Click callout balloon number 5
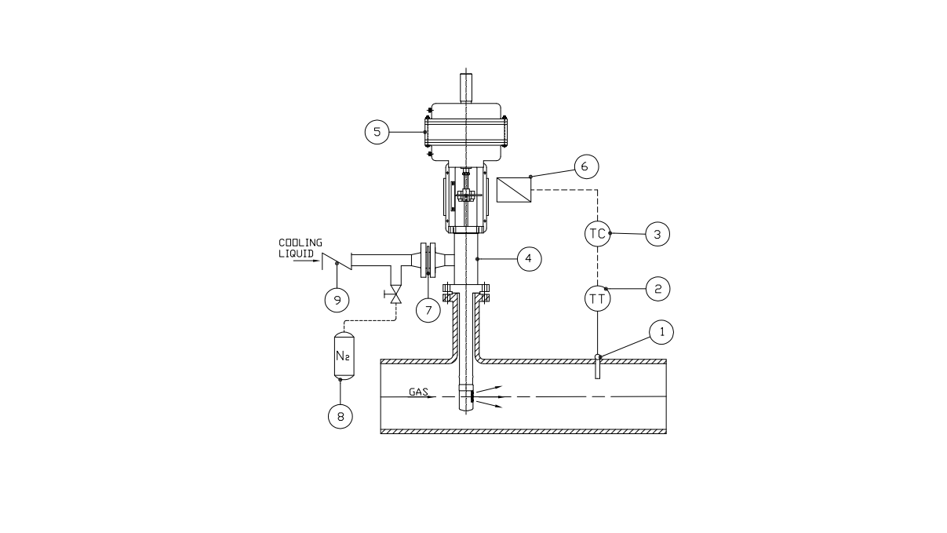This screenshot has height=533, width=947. [x=377, y=132]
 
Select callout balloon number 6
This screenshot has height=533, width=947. [x=586, y=166]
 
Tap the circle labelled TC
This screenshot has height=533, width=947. [x=597, y=233]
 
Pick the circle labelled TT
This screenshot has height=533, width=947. [x=597, y=298]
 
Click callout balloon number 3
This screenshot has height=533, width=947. [x=657, y=234]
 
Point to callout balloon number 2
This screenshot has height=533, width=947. [x=657, y=289]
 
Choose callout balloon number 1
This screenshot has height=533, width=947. [x=661, y=332]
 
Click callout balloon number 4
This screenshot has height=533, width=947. [x=530, y=258]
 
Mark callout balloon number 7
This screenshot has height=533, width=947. [x=428, y=310]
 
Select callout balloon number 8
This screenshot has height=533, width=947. [x=341, y=416]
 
